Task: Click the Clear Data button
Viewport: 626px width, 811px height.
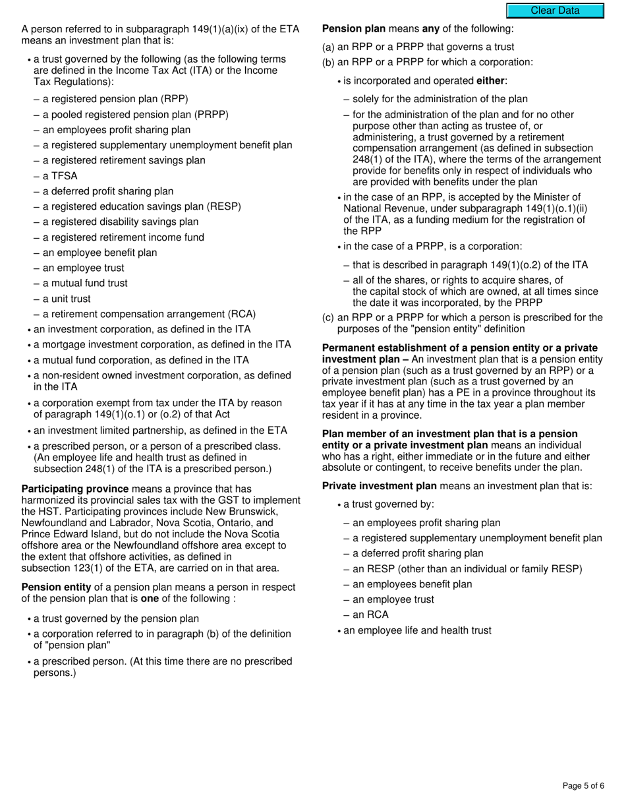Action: pos(555,11)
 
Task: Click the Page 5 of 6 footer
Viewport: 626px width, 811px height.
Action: pos(583,785)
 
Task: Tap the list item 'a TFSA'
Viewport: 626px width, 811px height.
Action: pos(60,176)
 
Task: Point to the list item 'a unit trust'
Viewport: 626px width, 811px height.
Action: pos(67,299)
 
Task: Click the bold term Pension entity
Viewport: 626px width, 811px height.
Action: pos(57,587)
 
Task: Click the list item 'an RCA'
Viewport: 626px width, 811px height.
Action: pos(370,615)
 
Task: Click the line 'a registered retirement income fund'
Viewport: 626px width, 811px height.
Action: pos(123,237)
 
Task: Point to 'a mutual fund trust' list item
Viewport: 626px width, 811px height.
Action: pos(85,283)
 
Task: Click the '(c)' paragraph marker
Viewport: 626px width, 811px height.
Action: pos(328,317)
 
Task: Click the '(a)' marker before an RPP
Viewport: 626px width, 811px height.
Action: pos(328,47)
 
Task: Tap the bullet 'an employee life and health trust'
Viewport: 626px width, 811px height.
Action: pos(417,630)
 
